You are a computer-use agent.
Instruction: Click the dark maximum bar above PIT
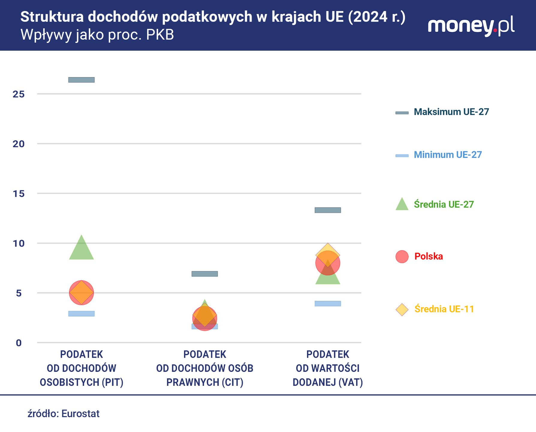[81, 80]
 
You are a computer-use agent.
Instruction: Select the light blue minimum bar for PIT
[81, 313]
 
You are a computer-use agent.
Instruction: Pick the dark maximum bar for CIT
[204, 274]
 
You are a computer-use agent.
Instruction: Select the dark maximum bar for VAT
[328, 210]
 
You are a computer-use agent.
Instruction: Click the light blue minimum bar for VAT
[328, 304]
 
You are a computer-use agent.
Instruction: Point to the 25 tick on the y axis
[19, 94]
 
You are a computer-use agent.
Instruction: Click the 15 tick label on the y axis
[19, 194]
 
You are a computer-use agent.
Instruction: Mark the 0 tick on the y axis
[19, 343]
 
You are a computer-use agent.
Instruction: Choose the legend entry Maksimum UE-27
[451, 112]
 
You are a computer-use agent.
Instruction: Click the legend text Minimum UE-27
[448, 155]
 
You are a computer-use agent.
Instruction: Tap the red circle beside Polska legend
[402, 256]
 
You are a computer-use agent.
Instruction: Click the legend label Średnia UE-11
[444, 309]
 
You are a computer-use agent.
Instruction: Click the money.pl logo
[471, 26]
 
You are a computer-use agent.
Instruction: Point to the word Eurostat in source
[80, 414]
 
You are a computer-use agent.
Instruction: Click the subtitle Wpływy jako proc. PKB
[97, 35]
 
